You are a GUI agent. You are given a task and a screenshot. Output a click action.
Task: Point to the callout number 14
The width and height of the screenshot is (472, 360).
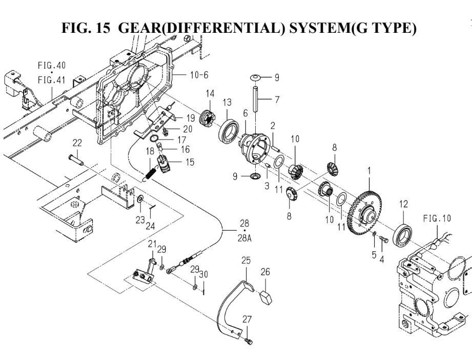pos(209,94)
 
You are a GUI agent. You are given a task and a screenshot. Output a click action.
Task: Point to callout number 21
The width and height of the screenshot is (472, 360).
pos(152,243)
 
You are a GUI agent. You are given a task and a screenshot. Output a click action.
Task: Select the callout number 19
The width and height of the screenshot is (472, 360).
pos(181,117)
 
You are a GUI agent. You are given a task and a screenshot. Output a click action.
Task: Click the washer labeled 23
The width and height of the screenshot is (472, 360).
pos(140,197)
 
